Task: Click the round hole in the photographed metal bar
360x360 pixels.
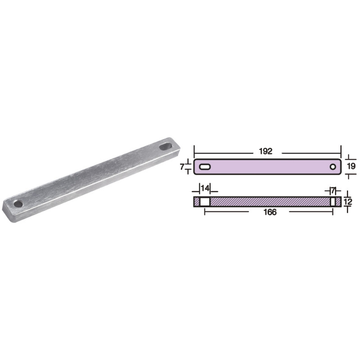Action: click(x=18, y=204)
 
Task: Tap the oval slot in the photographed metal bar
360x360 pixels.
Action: click(x=166, y=147)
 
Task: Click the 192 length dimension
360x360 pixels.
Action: click(x=265, y=151)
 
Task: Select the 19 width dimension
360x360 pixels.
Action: click(x=351, y=166)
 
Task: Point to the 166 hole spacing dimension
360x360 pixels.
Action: click(x=270, y=212)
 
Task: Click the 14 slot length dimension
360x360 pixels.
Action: click(x=205, y=188)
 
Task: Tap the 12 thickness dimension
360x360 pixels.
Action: click(x=348, y=202)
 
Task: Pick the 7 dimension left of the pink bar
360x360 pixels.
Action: click(x=182, y=167)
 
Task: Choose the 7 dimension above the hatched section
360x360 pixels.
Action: click(x=333, y=190)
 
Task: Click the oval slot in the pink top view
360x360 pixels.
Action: click(x=205, y=166)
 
